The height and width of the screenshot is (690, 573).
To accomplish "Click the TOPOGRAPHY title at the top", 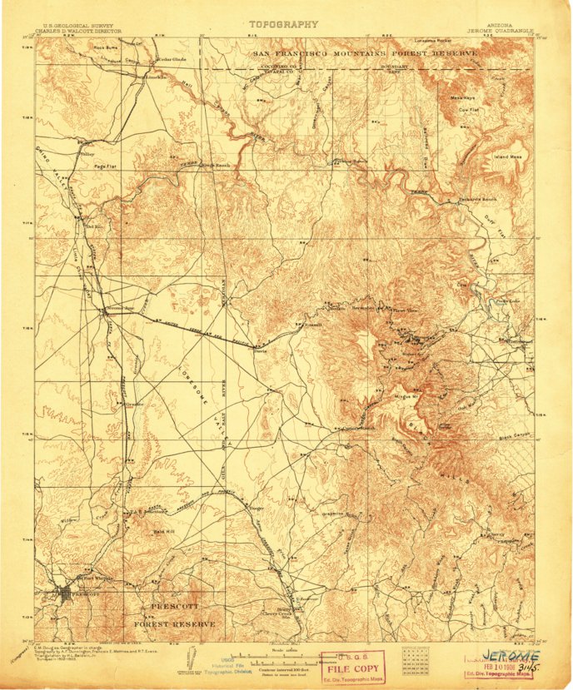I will [x=284, y=25].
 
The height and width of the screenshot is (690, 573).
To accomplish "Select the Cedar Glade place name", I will [x=170, y=60].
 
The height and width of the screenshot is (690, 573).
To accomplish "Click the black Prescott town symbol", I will [x=65, y=594].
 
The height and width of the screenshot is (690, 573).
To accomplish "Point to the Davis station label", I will [x=258, y=350].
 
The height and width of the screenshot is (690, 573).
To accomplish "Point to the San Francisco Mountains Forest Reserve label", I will [x=366, y=52].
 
